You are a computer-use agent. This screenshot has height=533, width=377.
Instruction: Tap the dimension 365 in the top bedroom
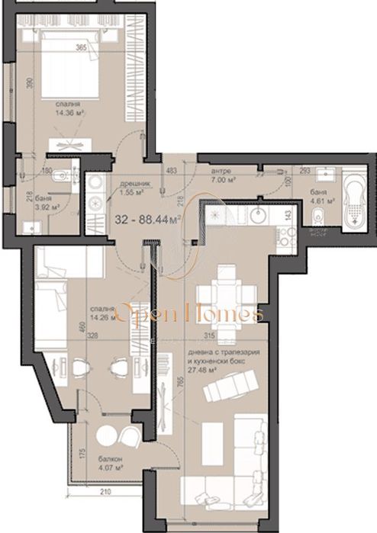pyautogui.click(x=81, y=47)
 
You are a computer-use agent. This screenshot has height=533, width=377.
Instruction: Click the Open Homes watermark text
pyautogui.click(x=188, y=313)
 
